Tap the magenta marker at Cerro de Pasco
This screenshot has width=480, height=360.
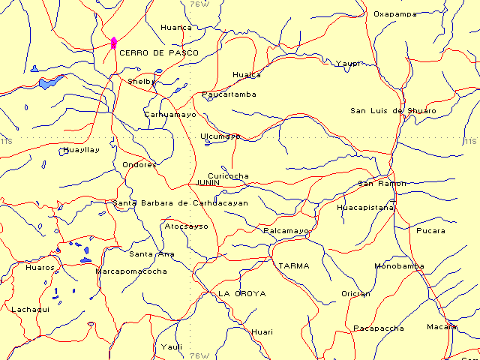(113, 43)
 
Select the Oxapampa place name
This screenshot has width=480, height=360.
(394, 13)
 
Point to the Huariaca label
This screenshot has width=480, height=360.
(176, 28)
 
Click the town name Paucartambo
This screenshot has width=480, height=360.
(229, 94)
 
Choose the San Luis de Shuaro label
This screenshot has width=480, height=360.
(393, 111)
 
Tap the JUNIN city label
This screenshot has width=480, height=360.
(207, 182)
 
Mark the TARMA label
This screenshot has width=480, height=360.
(293, 266)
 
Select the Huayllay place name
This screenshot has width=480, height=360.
(80, 150)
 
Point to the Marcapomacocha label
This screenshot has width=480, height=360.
(131, 271)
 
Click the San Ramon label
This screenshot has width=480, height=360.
(382, 183)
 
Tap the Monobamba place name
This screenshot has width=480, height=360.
(399, 266)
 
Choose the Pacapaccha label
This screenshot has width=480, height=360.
(379, 328)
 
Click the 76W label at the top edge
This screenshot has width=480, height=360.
(200, 4)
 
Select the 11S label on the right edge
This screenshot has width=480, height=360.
(470, 140)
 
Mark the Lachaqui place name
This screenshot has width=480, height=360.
(30, 309)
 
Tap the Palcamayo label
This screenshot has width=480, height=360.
(286, 231)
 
